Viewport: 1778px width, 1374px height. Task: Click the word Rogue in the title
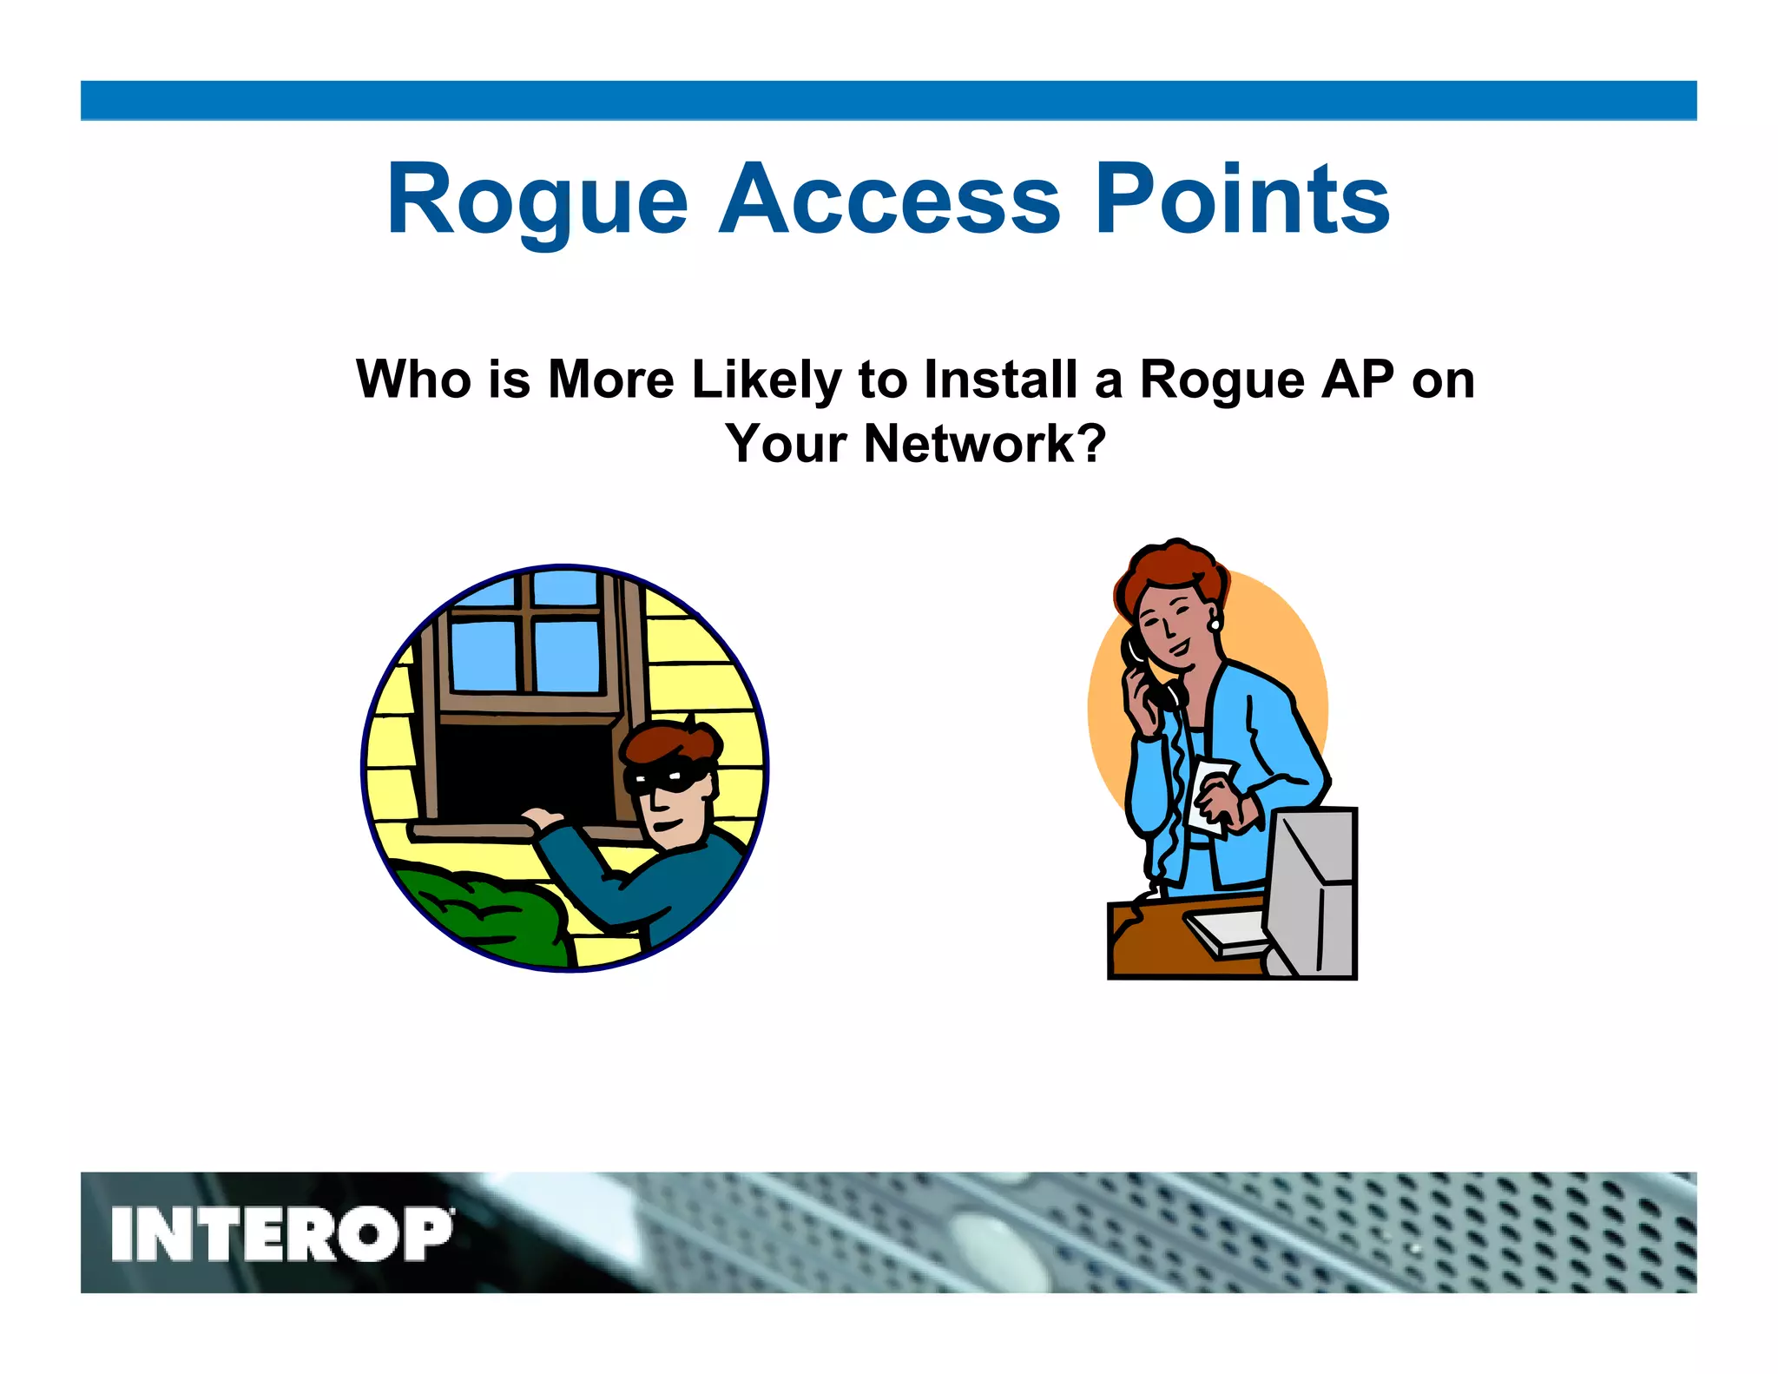tap(537, 201)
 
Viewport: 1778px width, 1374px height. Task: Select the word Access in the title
tap(889, 201)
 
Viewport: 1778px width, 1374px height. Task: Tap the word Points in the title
tap(1242, 201)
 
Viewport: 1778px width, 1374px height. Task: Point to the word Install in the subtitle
tap(998, 380)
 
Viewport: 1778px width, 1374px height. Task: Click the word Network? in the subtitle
tap(984, 444)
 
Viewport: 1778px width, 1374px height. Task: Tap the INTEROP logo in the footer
tap(281, 1233)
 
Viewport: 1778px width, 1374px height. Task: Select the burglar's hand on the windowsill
tap(540, 818)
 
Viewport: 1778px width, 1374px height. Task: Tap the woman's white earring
tap(1214, 624)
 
